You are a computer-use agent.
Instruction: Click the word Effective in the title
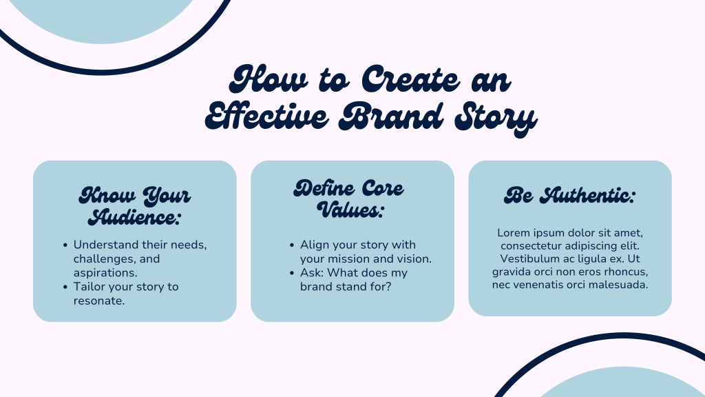point(267,116)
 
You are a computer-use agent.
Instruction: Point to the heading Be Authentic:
point(569,195)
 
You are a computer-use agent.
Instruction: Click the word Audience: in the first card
point(134,217)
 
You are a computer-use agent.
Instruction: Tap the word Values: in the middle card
point(350,210)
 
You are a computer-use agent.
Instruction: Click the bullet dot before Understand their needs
point(65,245)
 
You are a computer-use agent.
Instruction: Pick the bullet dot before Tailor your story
point(65,287)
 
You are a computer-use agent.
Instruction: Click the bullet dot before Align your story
point(292,245)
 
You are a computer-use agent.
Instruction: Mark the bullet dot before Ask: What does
point(292,273)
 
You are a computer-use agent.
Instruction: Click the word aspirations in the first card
point(104,273)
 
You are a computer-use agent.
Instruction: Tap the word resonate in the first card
point(98,301)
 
